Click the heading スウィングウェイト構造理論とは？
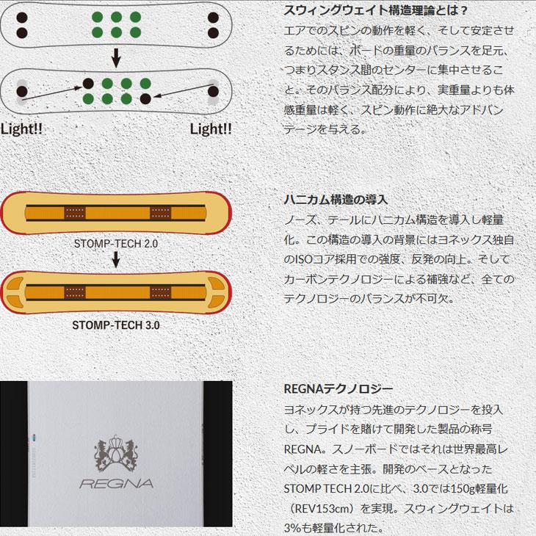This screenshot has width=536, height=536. click(375, 11)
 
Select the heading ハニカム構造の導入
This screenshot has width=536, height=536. click(336, 199)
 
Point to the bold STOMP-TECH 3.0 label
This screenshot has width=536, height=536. click(116, 323)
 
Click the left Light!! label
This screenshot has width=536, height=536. click(21, 128)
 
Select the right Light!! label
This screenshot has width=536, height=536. click(211, 128)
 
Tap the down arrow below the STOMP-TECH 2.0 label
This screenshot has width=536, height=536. click(116, 259)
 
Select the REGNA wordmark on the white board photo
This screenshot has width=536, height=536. click(116, 483)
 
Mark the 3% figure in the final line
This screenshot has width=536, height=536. click(293, 528)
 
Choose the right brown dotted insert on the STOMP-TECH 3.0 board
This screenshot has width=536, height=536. click(160, 294)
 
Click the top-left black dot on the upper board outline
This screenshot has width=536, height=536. click(21, 16)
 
